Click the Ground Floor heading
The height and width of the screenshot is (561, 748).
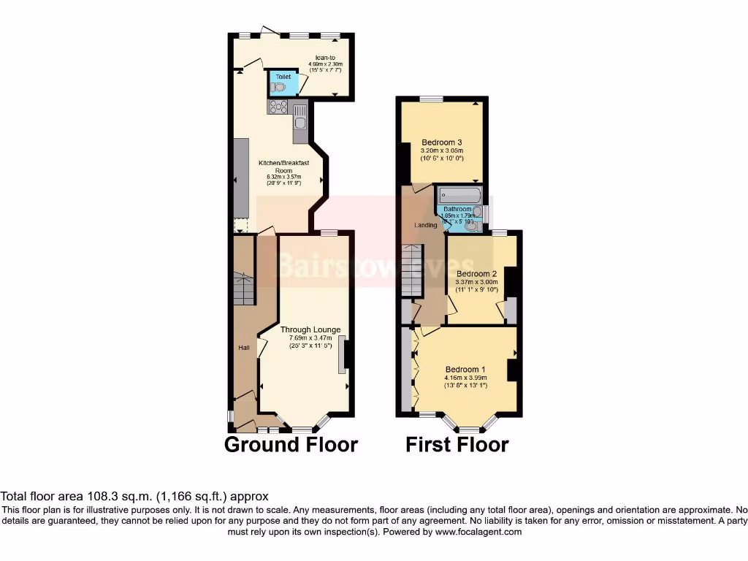(x=291, y=444)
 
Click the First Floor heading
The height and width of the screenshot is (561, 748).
(x=457, y=444)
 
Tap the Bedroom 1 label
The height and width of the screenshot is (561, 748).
(x=465, y=370)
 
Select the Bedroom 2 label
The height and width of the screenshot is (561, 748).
(x=476, y=274)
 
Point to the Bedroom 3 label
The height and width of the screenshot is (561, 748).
(x=441, y=142)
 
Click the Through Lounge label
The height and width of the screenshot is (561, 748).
(x=310, y=330)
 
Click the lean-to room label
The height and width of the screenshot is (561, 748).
(x=325, y=57)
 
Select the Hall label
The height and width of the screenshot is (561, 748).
(x=244, y=348)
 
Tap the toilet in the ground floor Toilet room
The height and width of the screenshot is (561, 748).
(x=278, y=88)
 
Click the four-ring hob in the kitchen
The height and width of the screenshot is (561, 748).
(x=278, y=107)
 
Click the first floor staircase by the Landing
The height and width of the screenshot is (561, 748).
(x=413, y=270)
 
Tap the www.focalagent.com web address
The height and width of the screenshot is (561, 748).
(x=478, y=533)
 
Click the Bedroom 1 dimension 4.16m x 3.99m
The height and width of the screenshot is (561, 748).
(x=465, y=378)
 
